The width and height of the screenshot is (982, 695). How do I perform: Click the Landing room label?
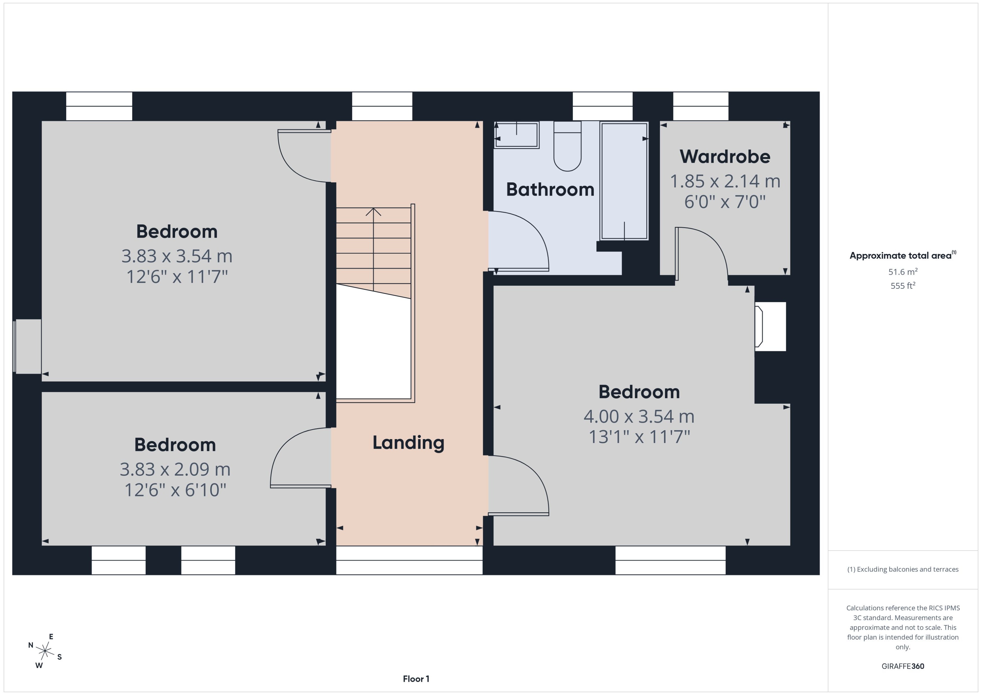point(408,442)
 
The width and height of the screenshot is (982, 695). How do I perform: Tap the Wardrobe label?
point(725,157)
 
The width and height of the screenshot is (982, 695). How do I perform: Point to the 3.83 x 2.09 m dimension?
point(175,469)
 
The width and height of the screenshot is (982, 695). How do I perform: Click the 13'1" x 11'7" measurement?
point(639,437)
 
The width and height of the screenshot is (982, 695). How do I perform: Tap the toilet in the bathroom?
point(567,148)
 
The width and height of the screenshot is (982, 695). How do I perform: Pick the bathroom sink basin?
point(517,135)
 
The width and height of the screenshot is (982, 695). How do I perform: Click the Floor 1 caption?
point(416,679)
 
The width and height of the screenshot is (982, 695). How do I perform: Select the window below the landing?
point(409,560)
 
